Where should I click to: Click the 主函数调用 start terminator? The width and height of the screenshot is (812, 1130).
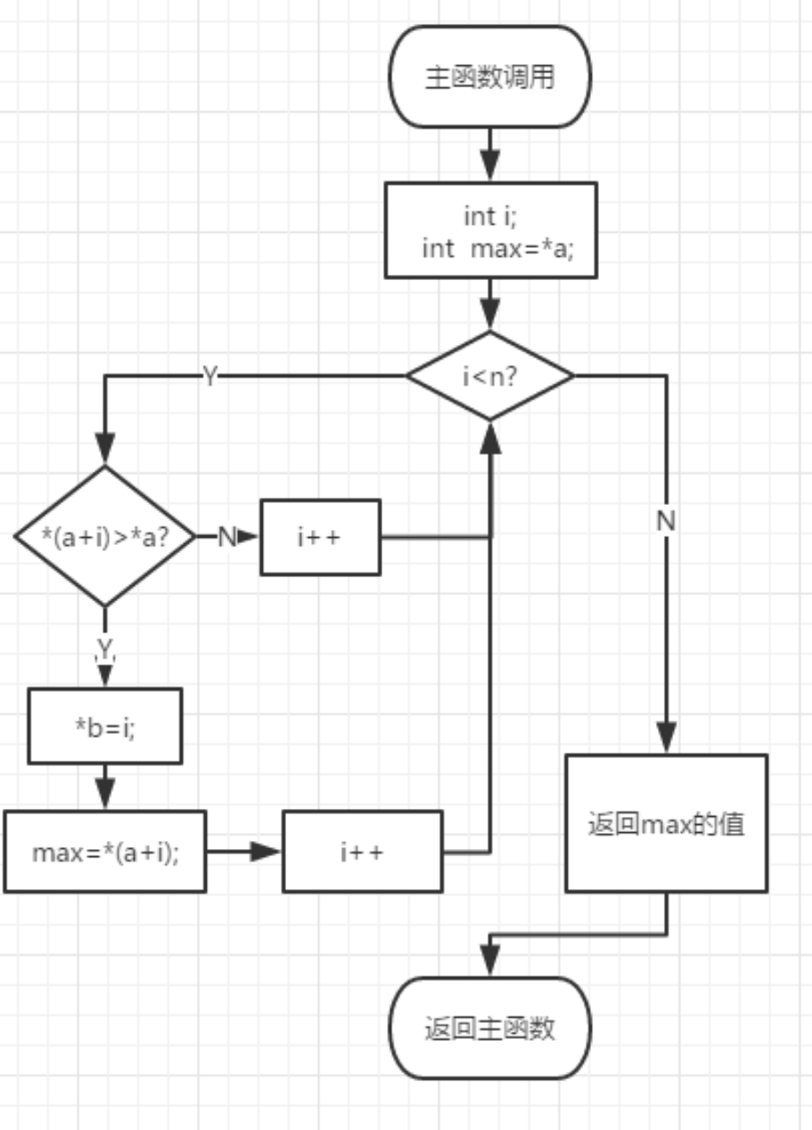(x=489, y=77)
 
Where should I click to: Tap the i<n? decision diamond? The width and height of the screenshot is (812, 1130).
(x=489, y=375)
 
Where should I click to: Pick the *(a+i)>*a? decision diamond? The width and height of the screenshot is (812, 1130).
(x=104, y=536)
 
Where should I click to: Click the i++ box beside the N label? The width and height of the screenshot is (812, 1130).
(x=320, y=537)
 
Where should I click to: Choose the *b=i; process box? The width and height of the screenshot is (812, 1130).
(x=104, y=725)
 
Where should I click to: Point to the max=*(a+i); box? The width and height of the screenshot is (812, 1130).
(x=104, y=851)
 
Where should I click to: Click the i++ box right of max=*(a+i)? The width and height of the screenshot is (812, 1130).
(x=362, y=851)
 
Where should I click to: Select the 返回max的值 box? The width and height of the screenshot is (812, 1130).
(x=666, y=823)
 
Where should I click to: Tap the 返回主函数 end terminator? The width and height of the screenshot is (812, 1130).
(x=489, y=1027)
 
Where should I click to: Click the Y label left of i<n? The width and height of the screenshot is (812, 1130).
(x=209, y=376)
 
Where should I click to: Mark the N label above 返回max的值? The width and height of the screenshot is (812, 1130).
(x=666, y=522)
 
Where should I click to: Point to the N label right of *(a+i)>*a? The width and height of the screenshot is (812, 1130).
(x=226, y=537)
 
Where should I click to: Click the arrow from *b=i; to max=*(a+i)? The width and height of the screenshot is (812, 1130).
(x=104, y=787)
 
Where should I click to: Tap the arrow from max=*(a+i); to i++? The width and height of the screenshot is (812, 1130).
(x=244, y=851)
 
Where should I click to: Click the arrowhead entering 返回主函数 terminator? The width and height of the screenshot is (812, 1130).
(x=489, y=961)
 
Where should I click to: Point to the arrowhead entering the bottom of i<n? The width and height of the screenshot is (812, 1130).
(x=489, y=434)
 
